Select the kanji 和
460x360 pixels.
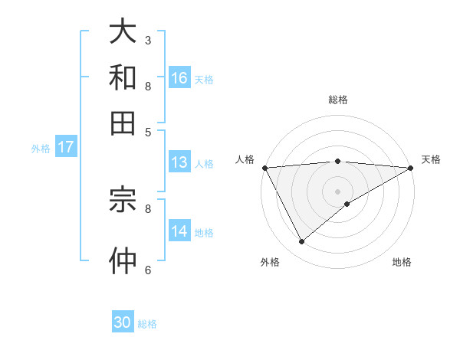click(x=123, y=77)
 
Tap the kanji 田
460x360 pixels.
click(x=123, y=123)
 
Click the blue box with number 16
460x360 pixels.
click(x=179, y=77)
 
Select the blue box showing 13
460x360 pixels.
click(x=179, y=162)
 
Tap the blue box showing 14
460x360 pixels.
click(x=179, y=231)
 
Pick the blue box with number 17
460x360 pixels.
click(x=65, y=147)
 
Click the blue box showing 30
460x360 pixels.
click(x=123, y=322)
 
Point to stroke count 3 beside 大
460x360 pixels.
click(x=148, y=39)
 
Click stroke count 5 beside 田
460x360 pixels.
click(x=148, y=131)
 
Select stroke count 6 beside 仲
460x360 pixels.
click(x=148, y=270)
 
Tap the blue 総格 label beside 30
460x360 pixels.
click(x=147, y=324)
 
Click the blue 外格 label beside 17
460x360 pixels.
click(x=40, y=149)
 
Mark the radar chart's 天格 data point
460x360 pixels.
click(x=410, y=168)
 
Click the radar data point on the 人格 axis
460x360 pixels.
click(x=264, y=168)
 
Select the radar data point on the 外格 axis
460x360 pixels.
click(x=301, y=242)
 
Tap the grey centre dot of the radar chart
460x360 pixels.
click(x=337, y=191)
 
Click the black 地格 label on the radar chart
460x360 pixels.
click(x=402, y=263)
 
